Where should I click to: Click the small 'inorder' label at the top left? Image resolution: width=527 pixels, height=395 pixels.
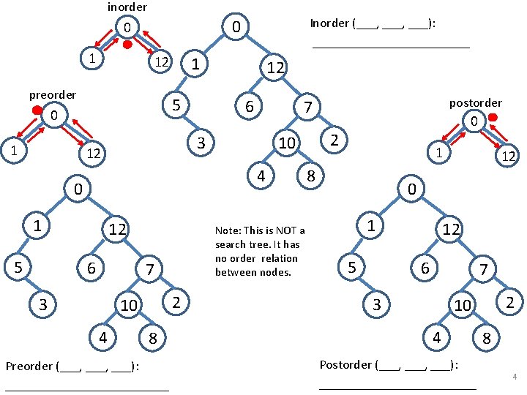coord(127,7)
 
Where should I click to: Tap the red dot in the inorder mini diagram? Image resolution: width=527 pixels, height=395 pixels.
coord(127,45)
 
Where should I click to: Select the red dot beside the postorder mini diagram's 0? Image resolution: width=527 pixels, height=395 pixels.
coord(493,117)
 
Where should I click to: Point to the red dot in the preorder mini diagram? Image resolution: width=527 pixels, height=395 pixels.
coord(36,111)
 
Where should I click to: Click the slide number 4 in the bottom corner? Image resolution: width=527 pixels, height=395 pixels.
coord(515,377)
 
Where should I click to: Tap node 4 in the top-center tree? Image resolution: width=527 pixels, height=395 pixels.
coord(260,176)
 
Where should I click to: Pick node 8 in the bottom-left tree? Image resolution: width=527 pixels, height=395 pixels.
coord(152,338)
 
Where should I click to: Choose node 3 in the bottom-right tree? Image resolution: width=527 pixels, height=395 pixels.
coord(376,304)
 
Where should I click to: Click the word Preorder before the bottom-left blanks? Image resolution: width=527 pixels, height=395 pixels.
coord(28,366)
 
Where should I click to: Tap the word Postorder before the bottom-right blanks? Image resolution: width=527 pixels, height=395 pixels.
coord(346,364)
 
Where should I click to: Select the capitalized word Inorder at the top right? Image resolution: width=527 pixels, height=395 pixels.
coord(329,23)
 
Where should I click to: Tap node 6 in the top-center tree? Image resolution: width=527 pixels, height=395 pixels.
coord(249,108)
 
